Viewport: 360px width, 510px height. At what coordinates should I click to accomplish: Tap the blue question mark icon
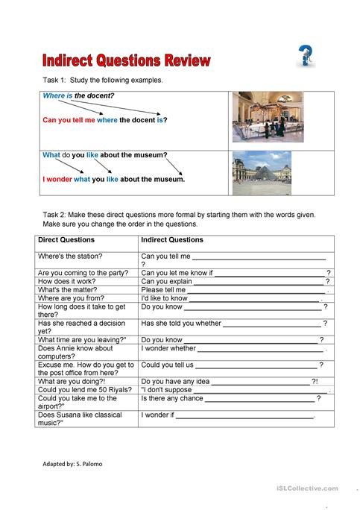[305, 55]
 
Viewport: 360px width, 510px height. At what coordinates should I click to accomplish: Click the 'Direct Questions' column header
[66, 240]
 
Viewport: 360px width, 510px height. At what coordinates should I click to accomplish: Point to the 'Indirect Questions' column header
[172, 240]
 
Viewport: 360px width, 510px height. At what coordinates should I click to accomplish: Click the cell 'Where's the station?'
[70, 256]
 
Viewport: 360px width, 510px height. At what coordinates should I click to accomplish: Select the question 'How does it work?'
[66, 282]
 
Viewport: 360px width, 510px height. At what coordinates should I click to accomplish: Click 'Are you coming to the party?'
[81, 273]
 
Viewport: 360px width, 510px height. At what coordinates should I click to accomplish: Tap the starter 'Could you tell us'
[168, 365]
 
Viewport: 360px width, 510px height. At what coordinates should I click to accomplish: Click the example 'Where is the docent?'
[78, 96]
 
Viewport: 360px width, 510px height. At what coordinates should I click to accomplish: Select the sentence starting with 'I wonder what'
[113, 179]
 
